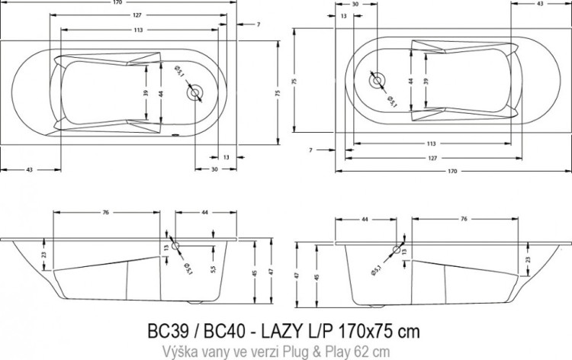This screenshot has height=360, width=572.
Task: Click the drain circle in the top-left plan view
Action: tap(197, 93)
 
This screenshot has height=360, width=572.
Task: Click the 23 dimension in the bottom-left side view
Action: tap(43, 255)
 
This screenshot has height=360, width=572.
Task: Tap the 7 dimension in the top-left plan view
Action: tap(259, 24)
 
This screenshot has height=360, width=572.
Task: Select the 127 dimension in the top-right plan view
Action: tap(431, 159)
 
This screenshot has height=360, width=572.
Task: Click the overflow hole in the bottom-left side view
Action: tap(175, 247)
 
